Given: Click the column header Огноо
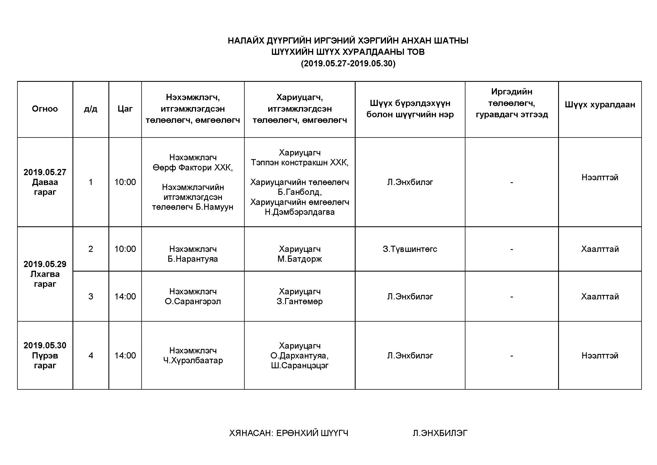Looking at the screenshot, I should tap(45, 109).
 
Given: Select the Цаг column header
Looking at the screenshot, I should tap(125, 109).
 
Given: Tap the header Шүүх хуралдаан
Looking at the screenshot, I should tap(600, 105).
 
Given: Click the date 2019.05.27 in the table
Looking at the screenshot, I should tap(45, 172).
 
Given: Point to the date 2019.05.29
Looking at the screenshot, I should tap(45, 264).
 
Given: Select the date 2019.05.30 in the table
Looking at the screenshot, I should tap(45, 345).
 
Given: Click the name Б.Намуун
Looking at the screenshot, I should tap(214, 207).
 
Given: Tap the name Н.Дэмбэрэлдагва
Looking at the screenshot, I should tap(300, 212).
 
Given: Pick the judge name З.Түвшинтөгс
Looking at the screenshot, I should tap(410, 249).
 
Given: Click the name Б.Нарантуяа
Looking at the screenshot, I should tap(193, 259).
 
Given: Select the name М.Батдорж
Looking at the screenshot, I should tap(300, 259).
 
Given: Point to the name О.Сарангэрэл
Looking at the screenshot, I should tap(193, 301).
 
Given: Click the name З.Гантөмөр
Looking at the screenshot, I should tap(300, 301).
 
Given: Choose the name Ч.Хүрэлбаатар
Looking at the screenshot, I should tap(193, 360).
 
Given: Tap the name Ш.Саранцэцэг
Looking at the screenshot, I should tap(300, 366).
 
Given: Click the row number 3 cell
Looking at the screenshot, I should tap(91, 296).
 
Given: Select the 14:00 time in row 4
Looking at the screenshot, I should tap(125, 356).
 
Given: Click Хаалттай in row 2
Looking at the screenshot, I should tap(600, 249).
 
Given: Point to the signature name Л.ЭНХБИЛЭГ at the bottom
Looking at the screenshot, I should tap(440, 433).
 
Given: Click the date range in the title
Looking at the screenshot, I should tap(348, 64).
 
